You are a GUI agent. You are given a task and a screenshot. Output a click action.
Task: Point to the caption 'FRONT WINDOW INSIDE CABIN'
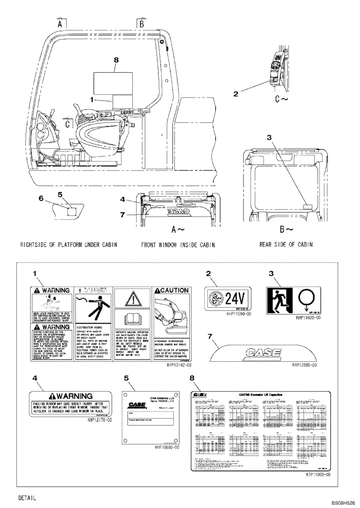177,245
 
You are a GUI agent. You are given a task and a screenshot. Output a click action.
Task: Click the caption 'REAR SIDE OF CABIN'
286,244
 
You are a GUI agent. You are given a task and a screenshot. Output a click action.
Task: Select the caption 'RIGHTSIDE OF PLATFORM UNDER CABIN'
69,245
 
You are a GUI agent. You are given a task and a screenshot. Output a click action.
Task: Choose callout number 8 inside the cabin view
116,60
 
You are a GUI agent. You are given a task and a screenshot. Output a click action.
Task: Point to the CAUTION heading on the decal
173,291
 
